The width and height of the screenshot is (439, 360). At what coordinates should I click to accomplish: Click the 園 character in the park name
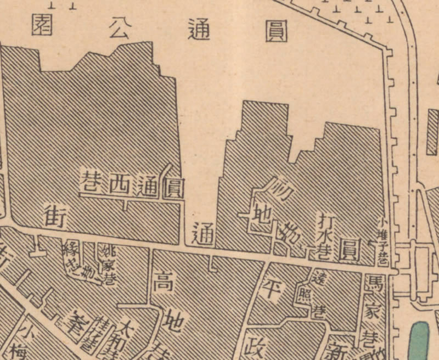click(x=42, y=25)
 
